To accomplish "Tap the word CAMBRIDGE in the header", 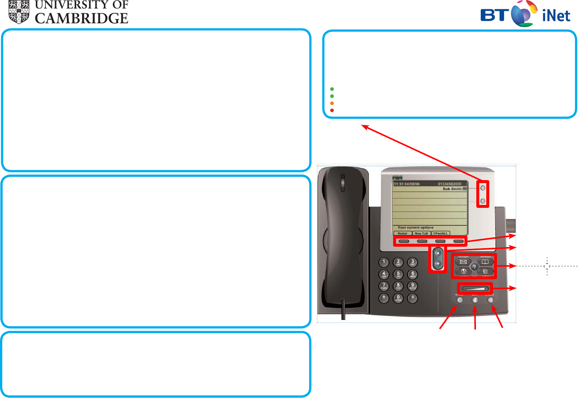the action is click(81, 18).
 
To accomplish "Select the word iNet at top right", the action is click(556, 16).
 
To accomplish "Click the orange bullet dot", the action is click(332, 103).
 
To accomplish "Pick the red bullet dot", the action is click(332, 110).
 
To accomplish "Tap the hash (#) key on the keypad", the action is click(413, 297).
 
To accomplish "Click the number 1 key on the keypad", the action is click(384, 262).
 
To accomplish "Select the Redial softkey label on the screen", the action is click(402, 233).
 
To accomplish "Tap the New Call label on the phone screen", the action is click(421, 233).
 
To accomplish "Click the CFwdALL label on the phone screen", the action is click(440, 233).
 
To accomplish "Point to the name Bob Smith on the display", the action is click(452, 189).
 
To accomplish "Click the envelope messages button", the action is click(463, 262).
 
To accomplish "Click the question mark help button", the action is click(474, 267).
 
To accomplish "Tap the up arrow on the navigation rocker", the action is click(438, 253).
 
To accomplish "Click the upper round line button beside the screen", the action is click(483, 188).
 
